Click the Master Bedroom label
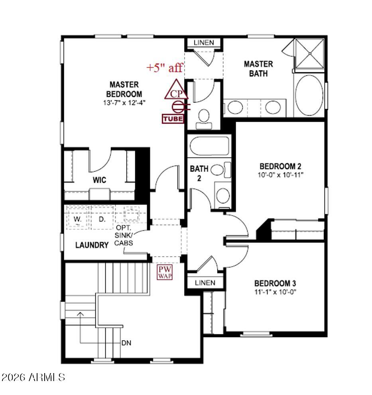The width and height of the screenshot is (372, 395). (x=124, y=89)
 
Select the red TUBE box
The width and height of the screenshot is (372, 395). (x=173, y=119)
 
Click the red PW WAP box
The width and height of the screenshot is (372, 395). (x=165, y=272)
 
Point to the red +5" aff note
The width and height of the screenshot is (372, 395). (x=165, y=68)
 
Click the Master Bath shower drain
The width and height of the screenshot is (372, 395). (x=310, y=53)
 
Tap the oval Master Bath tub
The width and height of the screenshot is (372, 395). (x=309, y=95)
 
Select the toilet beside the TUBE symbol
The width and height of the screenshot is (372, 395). (x=204, y=119)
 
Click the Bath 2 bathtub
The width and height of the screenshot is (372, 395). (x=210, y=146)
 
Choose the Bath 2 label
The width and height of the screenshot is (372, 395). (x=199, y=173)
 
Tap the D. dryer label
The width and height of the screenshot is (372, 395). (x=102, y=219)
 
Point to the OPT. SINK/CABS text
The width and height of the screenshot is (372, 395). (x=124, y=235)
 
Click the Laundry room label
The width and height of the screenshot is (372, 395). (x=92, y=245)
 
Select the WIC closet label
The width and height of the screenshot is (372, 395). (x=99, y=180)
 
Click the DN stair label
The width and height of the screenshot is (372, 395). (x=126, y=343)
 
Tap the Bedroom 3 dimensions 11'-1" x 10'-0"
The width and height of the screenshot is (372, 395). (x=275, y=292)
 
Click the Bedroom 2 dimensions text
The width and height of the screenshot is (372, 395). (x=281, y=175)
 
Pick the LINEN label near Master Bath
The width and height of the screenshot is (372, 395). (x=204, y=43)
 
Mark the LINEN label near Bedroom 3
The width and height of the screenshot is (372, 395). (x=205, y=283)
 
